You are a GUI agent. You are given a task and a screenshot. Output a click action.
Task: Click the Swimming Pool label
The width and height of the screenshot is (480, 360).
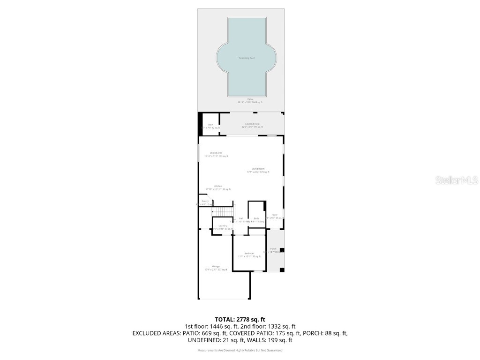[246, 58]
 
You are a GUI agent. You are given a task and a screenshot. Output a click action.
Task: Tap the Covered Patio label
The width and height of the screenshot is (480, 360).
[252, 124]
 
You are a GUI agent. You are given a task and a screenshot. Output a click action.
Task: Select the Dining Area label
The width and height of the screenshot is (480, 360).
[216, 153]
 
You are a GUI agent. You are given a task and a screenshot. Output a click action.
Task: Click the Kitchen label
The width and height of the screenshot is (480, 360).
[218, 186]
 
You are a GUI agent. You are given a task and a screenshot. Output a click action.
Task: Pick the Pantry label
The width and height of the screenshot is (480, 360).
[205, 201]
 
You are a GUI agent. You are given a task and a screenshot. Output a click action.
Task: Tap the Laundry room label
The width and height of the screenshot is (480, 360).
[223, 226]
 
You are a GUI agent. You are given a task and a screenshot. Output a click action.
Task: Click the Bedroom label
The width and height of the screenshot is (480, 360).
[249, 254]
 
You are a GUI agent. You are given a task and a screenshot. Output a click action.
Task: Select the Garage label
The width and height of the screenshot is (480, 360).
[216, 266]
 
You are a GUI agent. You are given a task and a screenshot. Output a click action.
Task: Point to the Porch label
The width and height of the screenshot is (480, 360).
[273, 249]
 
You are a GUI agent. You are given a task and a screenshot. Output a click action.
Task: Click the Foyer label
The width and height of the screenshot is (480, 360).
[275, 215]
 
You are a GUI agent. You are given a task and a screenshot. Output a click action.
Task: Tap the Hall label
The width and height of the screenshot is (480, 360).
[241, 218]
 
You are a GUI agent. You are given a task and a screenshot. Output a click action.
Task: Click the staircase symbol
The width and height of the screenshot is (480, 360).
[223, 212]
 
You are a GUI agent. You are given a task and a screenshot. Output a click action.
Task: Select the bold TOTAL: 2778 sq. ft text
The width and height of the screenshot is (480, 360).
[240, 320]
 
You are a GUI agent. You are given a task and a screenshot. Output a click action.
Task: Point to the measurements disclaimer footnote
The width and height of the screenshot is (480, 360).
[240, 350]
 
